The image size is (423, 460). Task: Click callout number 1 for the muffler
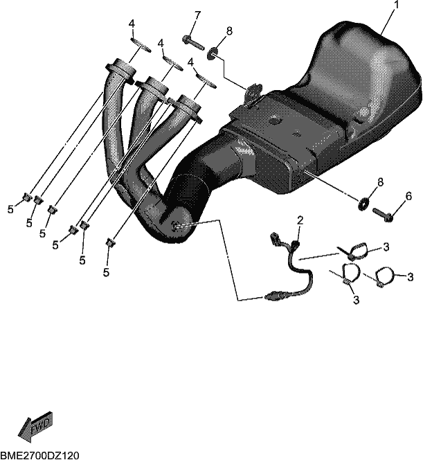click(x=396, y=5)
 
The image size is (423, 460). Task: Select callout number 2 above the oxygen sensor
click(x=300, y=220)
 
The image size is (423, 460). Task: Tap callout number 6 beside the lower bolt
click(x=408, y=196)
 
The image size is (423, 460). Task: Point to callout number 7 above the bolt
click(x=197, y=15)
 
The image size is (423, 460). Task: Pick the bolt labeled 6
click(x=383, y=215)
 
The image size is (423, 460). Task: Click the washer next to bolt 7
click(x=213, y=53)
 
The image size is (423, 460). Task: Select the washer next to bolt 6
click(x=363, y=204)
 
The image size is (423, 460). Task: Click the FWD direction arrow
click(x=35, y=427)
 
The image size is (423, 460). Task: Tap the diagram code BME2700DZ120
click(x=40, y=455)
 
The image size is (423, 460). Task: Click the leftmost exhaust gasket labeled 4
click(x=141, y=45)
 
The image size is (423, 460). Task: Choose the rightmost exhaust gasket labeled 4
click(x=206, y=81)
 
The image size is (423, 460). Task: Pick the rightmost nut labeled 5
click(x=110, y=242)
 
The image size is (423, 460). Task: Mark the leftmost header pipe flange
click(x=121, y=70)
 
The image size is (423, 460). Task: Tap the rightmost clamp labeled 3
click(x=384, y=277)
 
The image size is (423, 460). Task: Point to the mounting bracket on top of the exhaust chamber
click(x=253, y=94)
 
